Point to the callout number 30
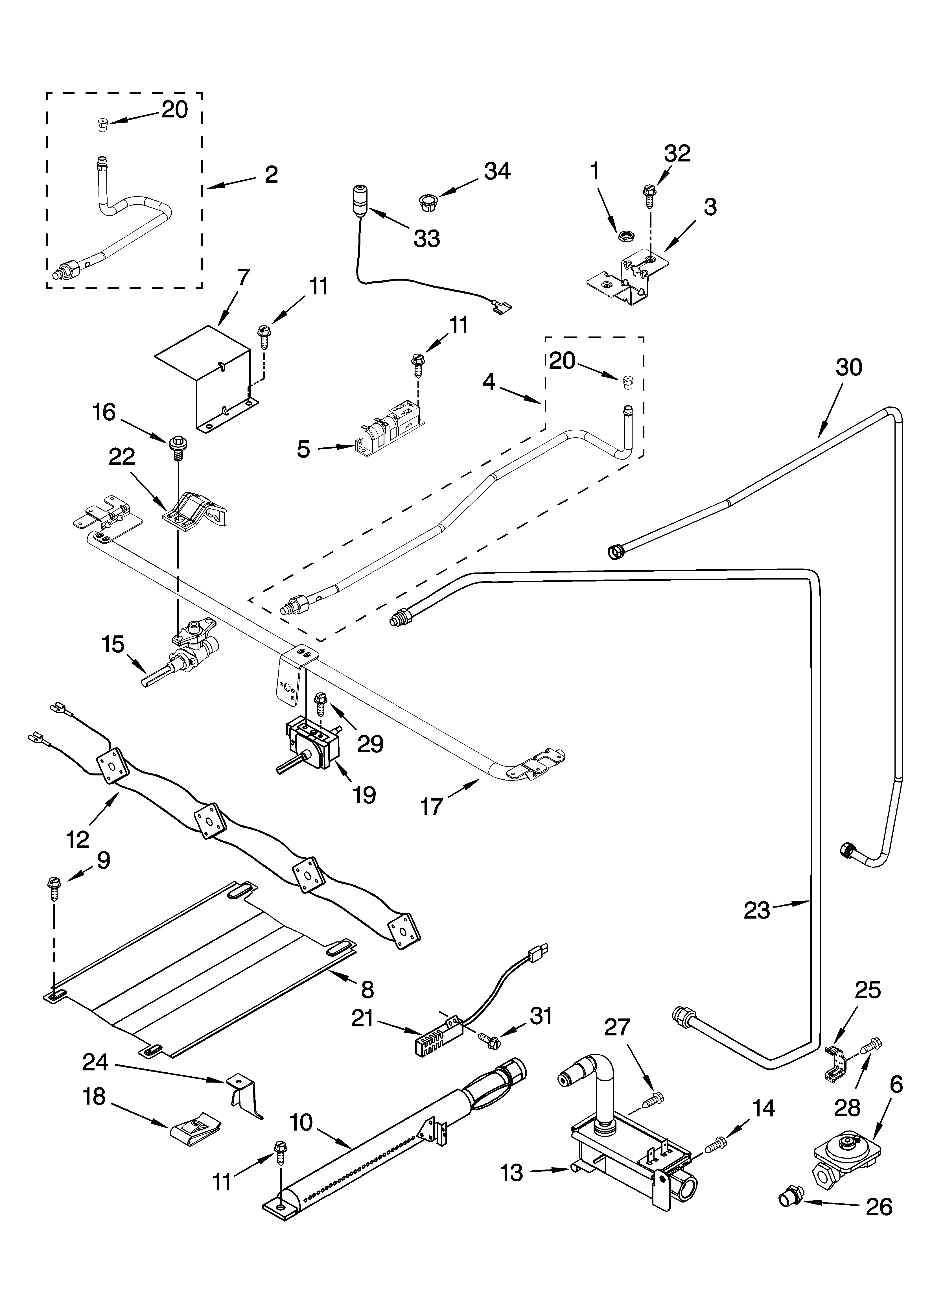[849, 366]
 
